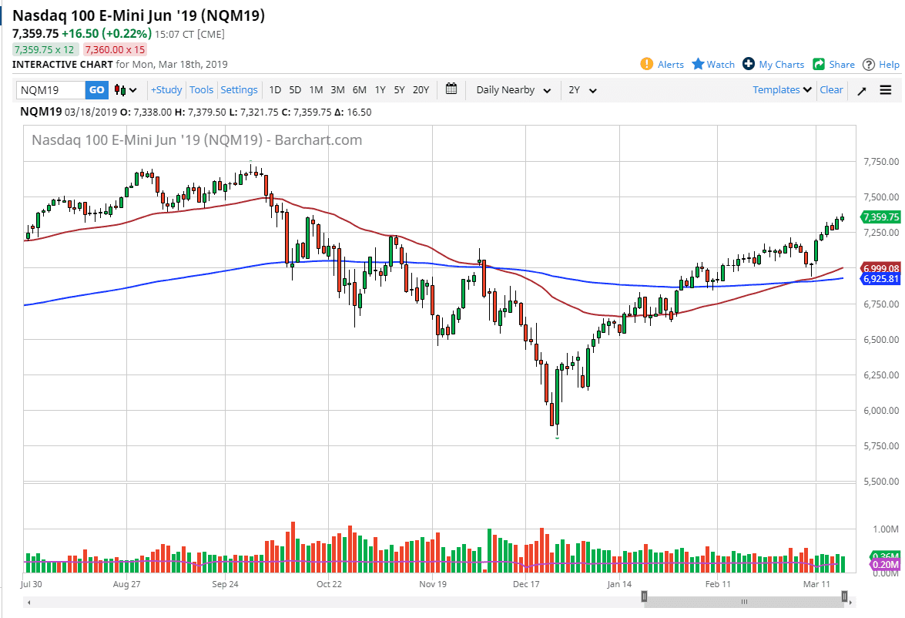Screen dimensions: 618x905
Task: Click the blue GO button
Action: click(x=96, y=90)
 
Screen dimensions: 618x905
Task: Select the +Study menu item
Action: click(x=166, y=90)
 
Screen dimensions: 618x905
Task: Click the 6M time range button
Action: click(x=359, y=90)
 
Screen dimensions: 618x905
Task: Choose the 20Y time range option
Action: click(x=421, y=90)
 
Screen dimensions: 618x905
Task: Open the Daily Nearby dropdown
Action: click(x=513, y=90)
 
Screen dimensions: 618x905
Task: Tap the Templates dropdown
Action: click(x=782, y=90)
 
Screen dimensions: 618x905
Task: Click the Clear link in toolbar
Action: click(x=831, y=90)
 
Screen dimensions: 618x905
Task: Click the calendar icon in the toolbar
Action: click(x=451, y=89)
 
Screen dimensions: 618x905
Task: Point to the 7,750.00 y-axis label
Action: click(x=881, y=162)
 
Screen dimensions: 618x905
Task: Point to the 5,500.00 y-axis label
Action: click(x=881, y=482)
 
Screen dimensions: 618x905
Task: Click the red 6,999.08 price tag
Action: click(x=881, y=267)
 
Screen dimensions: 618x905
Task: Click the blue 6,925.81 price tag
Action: click(x=881, y=278)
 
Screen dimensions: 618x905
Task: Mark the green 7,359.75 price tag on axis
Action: click(x=881, y=217)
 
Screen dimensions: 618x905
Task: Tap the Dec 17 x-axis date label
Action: click(x=526, y=584)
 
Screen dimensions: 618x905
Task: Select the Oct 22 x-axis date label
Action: click(x=329, y=584)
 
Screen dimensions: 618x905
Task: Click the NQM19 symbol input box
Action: click(x=51, y=90)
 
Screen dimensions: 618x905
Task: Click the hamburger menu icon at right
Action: click(x=886, y=90)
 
